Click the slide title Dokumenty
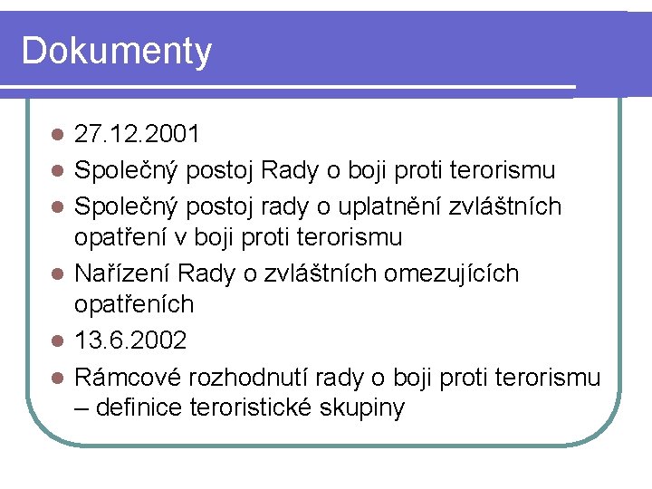click(x=116, y=51)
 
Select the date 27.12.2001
click(x=137, y=135)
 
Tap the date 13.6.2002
click(x=130, y=341)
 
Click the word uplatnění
click(x=381, y=206)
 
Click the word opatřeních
click(x=134, y=305)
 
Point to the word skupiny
click(x=363, y=408)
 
